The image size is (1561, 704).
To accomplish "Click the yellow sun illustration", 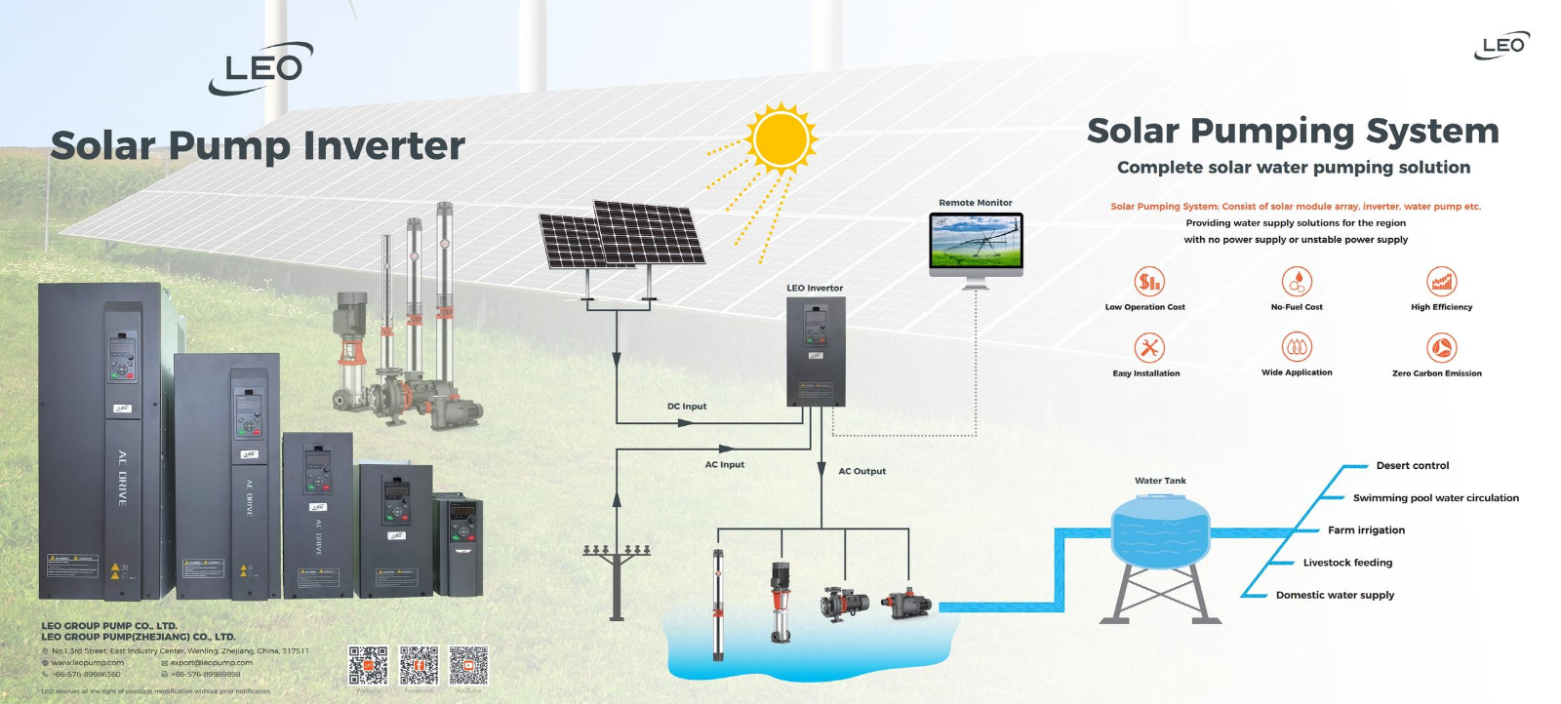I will click(x=780, y=138).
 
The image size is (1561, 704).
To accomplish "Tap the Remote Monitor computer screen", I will click(x=976, y=242).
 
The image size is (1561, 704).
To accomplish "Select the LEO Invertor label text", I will click(x=815, y=288).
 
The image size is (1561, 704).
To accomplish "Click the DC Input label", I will click(x=687, y=407).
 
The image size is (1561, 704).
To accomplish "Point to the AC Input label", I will click(x=724, y=465).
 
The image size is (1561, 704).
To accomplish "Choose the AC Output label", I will click(x=862, y=471).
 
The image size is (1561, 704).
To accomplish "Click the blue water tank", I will click(x=1160, y=531).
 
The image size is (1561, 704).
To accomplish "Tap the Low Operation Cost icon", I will click(x=1149, y=282).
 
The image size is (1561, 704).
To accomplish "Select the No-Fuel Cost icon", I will click(x=1297, y=282).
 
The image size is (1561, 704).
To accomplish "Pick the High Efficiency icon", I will click(x=1441, y=282).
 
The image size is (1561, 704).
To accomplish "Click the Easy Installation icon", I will click(x=1149, y=347).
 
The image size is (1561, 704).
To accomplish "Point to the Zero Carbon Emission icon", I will click(x=1441, y=347).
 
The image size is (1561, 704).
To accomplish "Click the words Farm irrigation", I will click(x=1366, y=530).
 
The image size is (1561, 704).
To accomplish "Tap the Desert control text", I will click(x=1413, y=466).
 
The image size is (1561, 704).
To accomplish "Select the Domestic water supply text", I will click(x=1335, y=595).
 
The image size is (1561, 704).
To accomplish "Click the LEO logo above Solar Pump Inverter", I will click(x=261, y=68).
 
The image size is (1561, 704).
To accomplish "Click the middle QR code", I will click(x=419, y=665).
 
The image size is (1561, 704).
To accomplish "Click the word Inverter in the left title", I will click(x=384, y=146).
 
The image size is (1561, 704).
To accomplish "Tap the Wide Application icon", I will click(x=1297, y=347).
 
